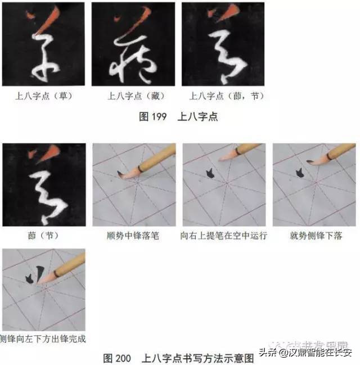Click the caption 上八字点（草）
43,96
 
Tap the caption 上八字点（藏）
133,96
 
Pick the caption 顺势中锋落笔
133,236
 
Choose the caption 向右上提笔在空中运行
223,236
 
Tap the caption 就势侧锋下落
313,236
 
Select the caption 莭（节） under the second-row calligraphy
43,236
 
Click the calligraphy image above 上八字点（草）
43,44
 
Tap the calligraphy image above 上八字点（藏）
133,44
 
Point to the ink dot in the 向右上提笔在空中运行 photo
208,174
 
